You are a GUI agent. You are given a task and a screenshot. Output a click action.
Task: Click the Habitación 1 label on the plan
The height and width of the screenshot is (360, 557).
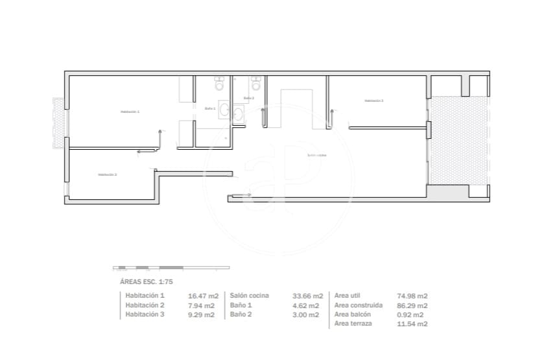[x=130, y=112]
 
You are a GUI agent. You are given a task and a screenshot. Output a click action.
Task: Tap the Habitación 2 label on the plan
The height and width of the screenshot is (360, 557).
[x=107, y=174]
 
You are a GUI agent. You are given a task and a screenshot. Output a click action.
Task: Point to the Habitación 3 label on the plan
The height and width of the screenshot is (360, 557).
[x=373, y=101]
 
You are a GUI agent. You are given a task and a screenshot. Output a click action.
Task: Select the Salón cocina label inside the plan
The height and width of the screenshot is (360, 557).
[x=316, y=155]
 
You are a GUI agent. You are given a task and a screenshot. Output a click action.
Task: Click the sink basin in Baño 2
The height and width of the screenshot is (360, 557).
[x=238, y=115]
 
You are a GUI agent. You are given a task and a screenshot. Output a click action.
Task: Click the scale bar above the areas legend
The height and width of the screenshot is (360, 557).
[x=171, y=267]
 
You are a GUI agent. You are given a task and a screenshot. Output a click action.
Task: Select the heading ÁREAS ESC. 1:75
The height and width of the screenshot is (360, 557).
[x=146, y=282]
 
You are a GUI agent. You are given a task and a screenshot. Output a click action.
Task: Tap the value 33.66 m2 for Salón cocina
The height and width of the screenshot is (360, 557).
[x=306, y=296]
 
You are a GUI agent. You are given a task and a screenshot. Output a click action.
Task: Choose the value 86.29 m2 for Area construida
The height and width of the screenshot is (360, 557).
[x=412, y=306]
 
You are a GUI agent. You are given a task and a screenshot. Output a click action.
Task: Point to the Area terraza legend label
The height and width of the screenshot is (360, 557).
[x=353, y=323]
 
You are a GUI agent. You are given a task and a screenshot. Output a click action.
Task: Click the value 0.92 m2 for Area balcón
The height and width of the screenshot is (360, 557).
[x=410, y=315]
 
